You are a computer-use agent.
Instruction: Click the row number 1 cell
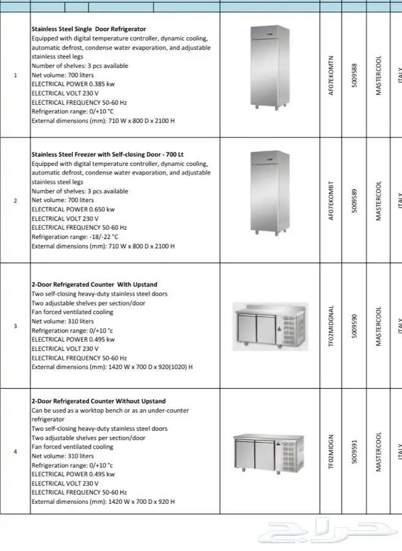[15, 75]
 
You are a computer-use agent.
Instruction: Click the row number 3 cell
[15, 326]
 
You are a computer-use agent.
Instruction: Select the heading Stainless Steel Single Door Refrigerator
[89, 29]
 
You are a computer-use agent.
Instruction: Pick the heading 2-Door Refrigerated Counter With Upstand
[94, 285]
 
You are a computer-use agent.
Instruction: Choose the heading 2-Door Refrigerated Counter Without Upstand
[99, 402]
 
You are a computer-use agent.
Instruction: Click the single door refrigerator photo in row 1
[268, 66]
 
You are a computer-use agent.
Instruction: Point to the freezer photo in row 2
[268, 192]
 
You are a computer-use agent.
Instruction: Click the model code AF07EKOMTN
[332, 76]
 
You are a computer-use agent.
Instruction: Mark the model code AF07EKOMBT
[332, 201]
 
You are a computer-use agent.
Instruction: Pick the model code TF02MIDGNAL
[332, 326]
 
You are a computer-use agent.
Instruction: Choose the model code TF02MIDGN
[332, 452]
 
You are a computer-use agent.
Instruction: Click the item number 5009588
[354, 76]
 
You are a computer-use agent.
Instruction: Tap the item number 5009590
[354, 326]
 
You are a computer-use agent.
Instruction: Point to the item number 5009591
[354, 452]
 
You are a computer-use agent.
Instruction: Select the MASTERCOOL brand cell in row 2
[378, 201]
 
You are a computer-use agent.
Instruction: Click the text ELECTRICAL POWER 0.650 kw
[73, 209]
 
